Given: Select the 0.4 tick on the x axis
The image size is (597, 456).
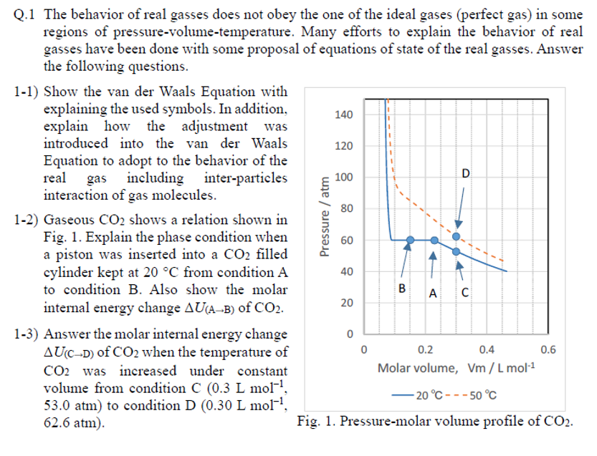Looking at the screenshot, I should (x=487, y=350).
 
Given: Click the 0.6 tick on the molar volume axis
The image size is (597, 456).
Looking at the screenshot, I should (x=548, y=350).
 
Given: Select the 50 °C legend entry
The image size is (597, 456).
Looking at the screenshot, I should (x=477, y=395).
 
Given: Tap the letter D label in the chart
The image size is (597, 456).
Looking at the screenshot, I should (x=466, y=174).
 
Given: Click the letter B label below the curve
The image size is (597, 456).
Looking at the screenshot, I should (x=402, y=288).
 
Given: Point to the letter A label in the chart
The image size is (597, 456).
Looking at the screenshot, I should (x=432, y=292).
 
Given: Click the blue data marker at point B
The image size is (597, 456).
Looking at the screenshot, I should (x=410, y=241).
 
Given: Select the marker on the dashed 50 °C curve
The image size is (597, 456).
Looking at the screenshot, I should (x=456, y=237).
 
